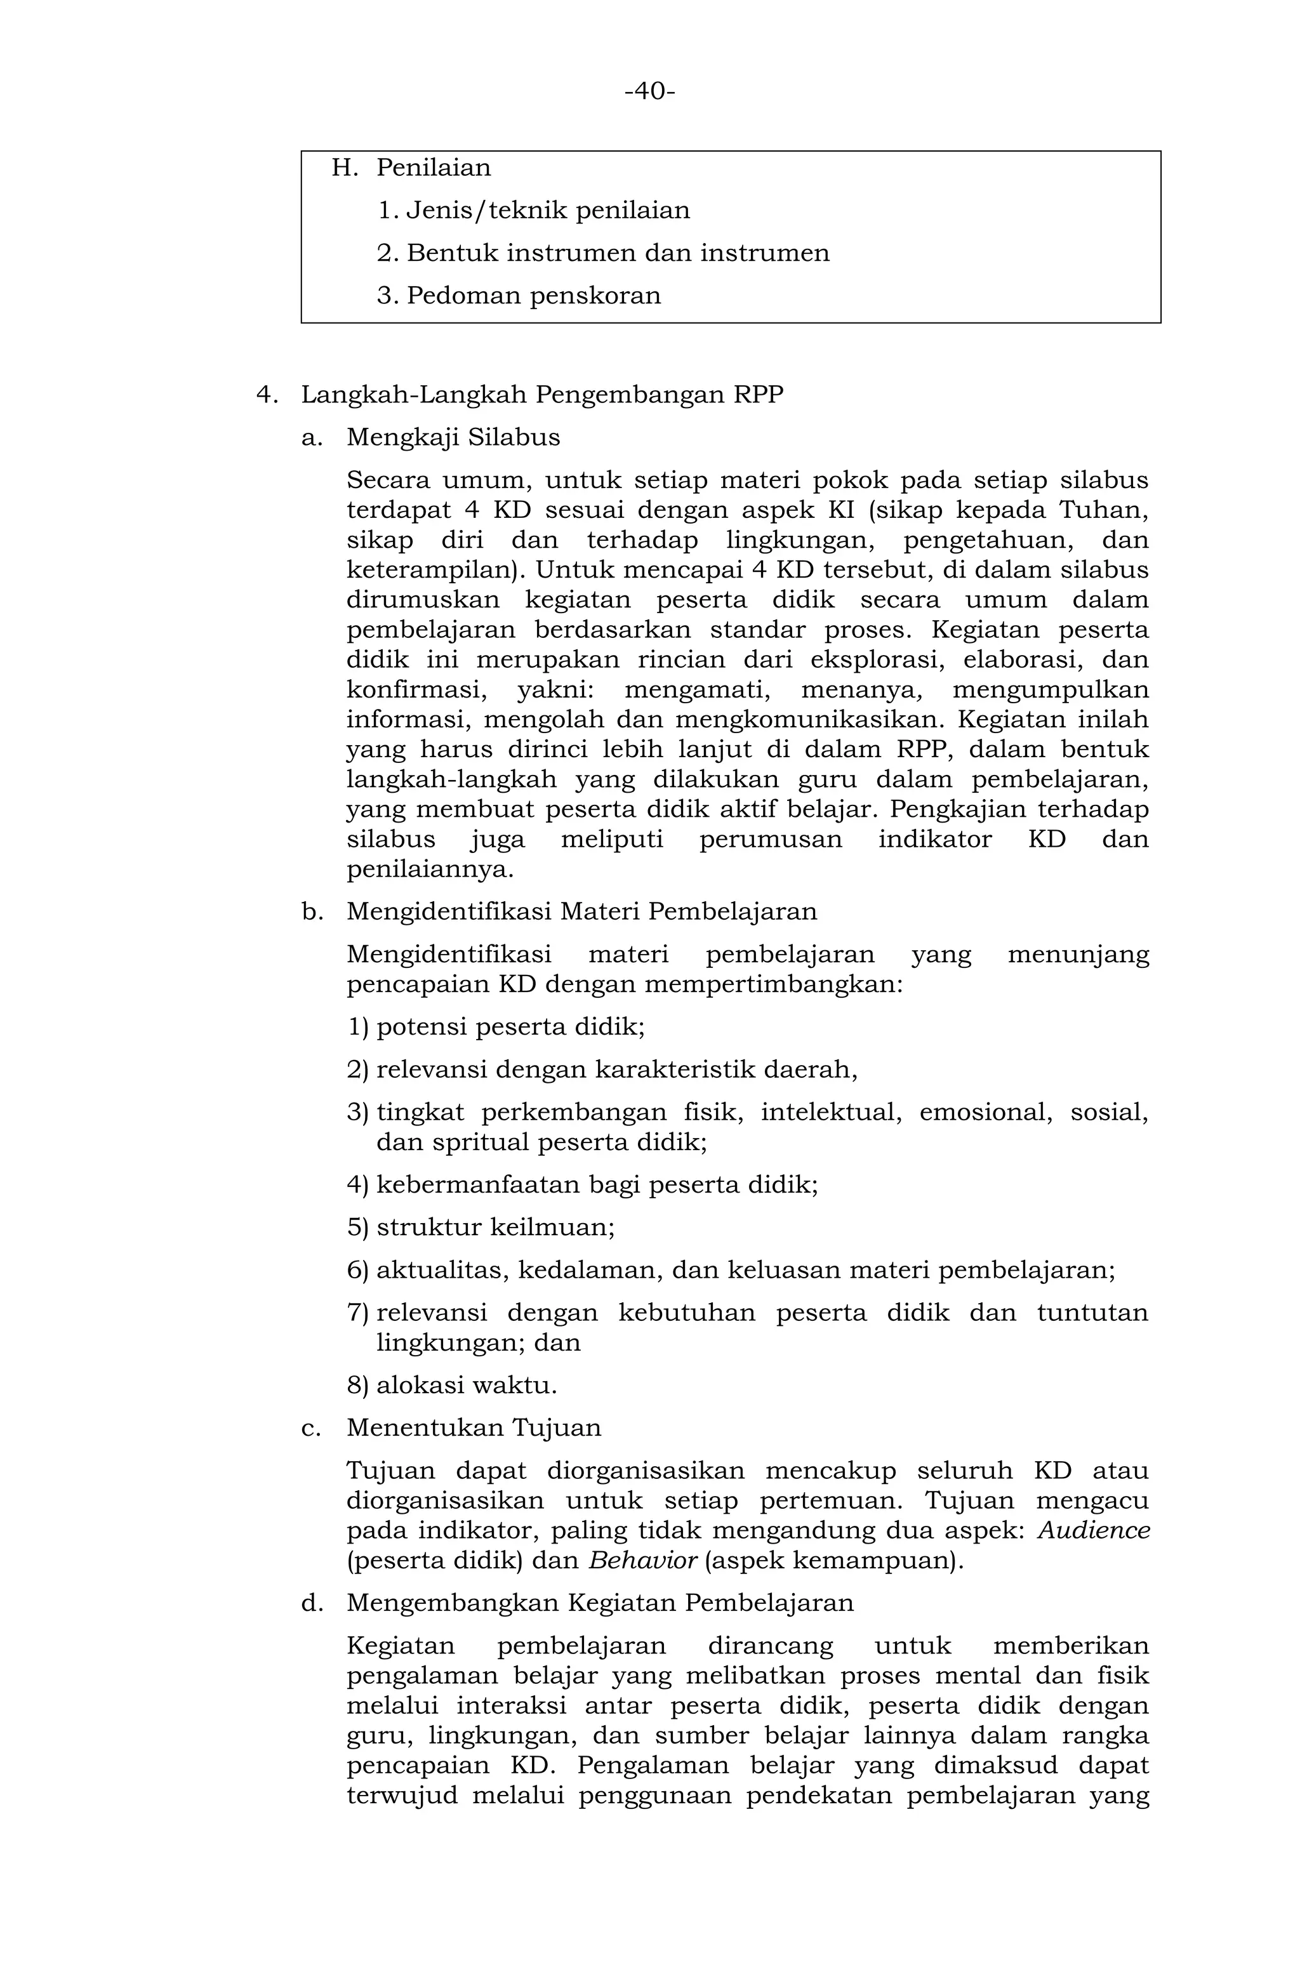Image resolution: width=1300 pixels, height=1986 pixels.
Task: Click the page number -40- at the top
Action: (649, 91)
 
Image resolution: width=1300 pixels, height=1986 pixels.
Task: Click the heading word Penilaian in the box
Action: (433, 168)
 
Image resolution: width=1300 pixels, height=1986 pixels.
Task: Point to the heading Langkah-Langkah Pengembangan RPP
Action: (541, 395)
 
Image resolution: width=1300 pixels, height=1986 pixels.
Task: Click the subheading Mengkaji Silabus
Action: (453, 437)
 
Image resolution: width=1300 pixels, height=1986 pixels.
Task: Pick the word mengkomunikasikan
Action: (807, 719)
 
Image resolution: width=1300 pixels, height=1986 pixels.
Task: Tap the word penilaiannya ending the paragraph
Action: (430, 870)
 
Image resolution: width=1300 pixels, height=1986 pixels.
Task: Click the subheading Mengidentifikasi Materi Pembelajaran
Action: (581, 911)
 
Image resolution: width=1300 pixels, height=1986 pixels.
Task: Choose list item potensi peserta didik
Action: (510, 1026)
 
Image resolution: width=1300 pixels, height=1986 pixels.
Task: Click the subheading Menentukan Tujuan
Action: (473, 1427)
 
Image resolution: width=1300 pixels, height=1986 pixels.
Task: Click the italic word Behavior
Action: (642, 1560)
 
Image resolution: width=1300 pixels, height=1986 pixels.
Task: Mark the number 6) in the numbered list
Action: (357, 1271)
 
